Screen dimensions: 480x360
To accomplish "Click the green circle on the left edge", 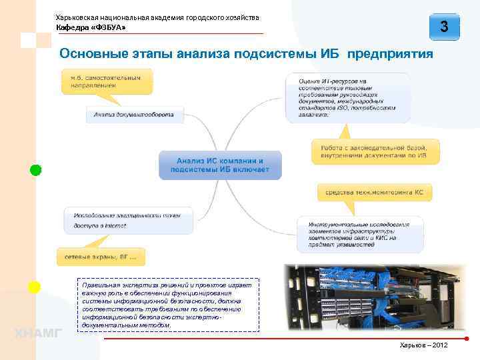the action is coord(35,170).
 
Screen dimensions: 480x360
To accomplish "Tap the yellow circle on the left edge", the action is coord(34,287).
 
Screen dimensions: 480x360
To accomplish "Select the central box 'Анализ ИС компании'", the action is coord(220,165).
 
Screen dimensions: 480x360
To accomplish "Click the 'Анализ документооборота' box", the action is coord(134,115).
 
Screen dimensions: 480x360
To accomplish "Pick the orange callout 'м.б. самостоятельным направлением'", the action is coord(107,82).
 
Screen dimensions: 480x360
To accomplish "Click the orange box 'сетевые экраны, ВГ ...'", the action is coord(101,256).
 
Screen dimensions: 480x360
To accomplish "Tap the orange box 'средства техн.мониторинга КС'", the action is coord(374,193).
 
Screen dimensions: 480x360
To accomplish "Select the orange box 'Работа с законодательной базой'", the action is coord(375,151).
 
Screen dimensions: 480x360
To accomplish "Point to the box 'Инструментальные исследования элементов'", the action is coord(359,235).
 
